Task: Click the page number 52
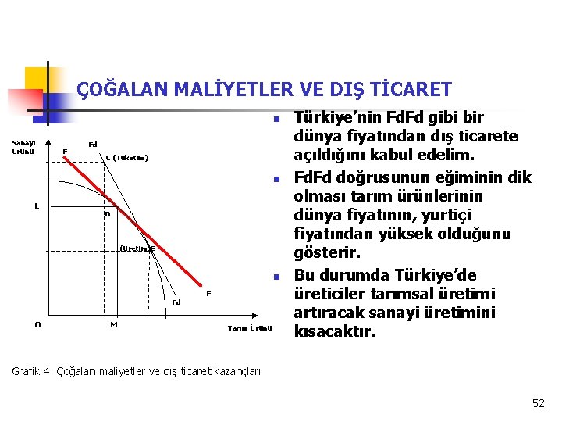coord(538,403)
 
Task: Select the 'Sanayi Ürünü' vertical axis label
coord(23,147)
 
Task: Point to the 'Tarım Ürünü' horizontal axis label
coord(250,327)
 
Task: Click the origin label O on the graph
coord(37,326)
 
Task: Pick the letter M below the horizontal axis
coord(114,325)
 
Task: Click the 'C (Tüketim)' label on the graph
coord(126,158)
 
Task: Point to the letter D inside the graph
coord(108,214)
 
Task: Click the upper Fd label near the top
coord(92,145)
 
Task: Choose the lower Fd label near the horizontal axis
coord(176,302)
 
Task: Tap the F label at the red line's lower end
coord(208,294)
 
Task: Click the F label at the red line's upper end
coord(65,151)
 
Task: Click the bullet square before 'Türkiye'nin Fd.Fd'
coord(276,120)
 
